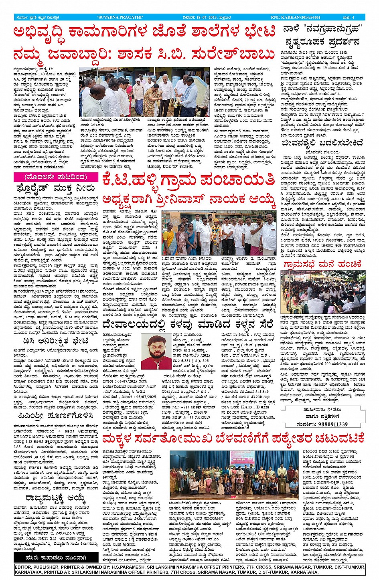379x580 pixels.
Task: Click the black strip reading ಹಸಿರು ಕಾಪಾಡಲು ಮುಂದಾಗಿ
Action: pos(55,558)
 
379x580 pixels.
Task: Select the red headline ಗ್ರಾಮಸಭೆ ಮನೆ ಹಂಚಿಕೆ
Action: pos(322,264)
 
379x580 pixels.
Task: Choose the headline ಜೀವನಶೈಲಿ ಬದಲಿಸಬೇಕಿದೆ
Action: pos(322,142)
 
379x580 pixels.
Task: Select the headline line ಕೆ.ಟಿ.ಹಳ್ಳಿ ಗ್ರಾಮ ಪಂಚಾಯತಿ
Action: pos(188,181)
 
